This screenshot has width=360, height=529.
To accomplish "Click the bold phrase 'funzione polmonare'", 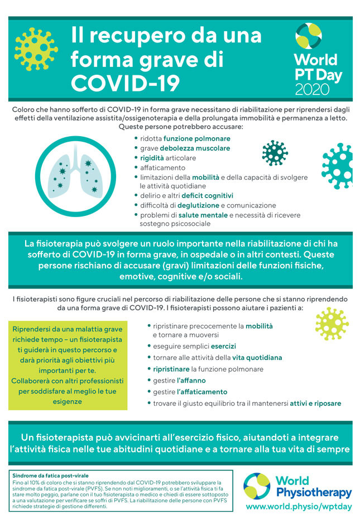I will (x=196, y=138).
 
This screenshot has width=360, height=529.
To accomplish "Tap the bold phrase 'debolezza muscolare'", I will (x=195, y=148).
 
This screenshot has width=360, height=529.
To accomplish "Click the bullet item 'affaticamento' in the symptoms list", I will (x=162, y=167).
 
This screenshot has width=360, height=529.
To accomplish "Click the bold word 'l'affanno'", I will (x=191, y=381).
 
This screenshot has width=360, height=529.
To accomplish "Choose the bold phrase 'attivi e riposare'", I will (x=315, y=403).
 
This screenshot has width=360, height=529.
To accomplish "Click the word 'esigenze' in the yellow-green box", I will (x=69, y=401).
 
